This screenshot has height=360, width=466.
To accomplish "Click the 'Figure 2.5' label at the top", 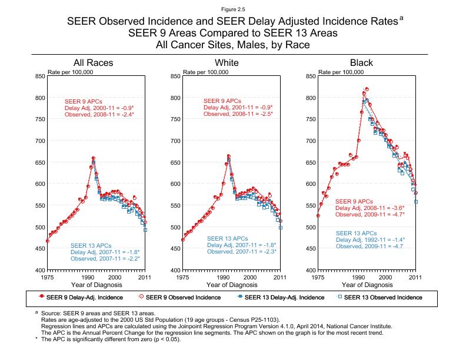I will pos(232,9).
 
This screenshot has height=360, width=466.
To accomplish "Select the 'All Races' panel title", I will pos(93,63).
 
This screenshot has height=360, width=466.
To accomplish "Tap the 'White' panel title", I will pos(227,63).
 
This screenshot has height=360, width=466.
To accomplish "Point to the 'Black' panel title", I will pos(361,63).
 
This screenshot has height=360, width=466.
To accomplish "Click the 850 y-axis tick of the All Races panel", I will pos(39,76).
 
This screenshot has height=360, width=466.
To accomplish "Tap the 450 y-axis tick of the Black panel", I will pos(310,248).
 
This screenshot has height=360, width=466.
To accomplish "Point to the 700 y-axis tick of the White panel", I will pos(175,141).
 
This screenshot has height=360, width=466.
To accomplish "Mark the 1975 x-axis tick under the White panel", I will pos(183,276).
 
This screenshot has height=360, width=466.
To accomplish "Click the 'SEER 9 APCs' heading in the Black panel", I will pos(354,202).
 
